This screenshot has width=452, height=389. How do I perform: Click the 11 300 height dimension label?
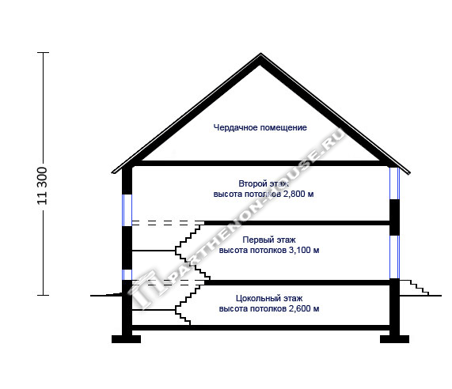pyautogui.click(x=42, y=186)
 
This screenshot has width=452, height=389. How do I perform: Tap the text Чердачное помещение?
pyautogui.click(x=260, y=127)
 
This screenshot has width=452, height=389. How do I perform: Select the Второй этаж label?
pyautogui.click(x=264, y=183)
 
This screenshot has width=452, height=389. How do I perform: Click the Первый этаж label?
pyautogui.click(x=269, y=240)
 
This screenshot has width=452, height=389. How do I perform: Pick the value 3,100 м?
pyautogui.click(x=304, y=250)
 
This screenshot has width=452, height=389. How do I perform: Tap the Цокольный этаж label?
pyautogui.click(x=269, y=298)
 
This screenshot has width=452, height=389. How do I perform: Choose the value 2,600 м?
pyautogui.click(x=304, y=308)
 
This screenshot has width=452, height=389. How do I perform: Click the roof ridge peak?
pyautogui.click(x=260, y=54)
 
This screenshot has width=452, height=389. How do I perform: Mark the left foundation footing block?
pyautogui.click(x=127, y=339)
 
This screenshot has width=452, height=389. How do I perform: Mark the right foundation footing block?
pyautogui.click(x=394, y=339)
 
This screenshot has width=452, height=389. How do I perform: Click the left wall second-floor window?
pyautogui.click(x=127, y=210)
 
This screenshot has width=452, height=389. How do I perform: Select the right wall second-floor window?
pyautogui.click(x=394, y=183)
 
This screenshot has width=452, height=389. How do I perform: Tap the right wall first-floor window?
pyautogui.click(x=394, y=257)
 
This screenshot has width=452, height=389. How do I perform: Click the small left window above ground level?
pyautogui.click(x=127, y=274)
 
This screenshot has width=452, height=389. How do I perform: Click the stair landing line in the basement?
pyautogui.click(x=154, y=310)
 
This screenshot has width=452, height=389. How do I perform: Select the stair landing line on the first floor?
pyautogui.click(x=154, y=251)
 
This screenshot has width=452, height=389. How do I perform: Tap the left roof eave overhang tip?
pyautogui.click(x=112, y=172)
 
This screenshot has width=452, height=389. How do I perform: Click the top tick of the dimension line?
pyautogui.click(x=44, y=53)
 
